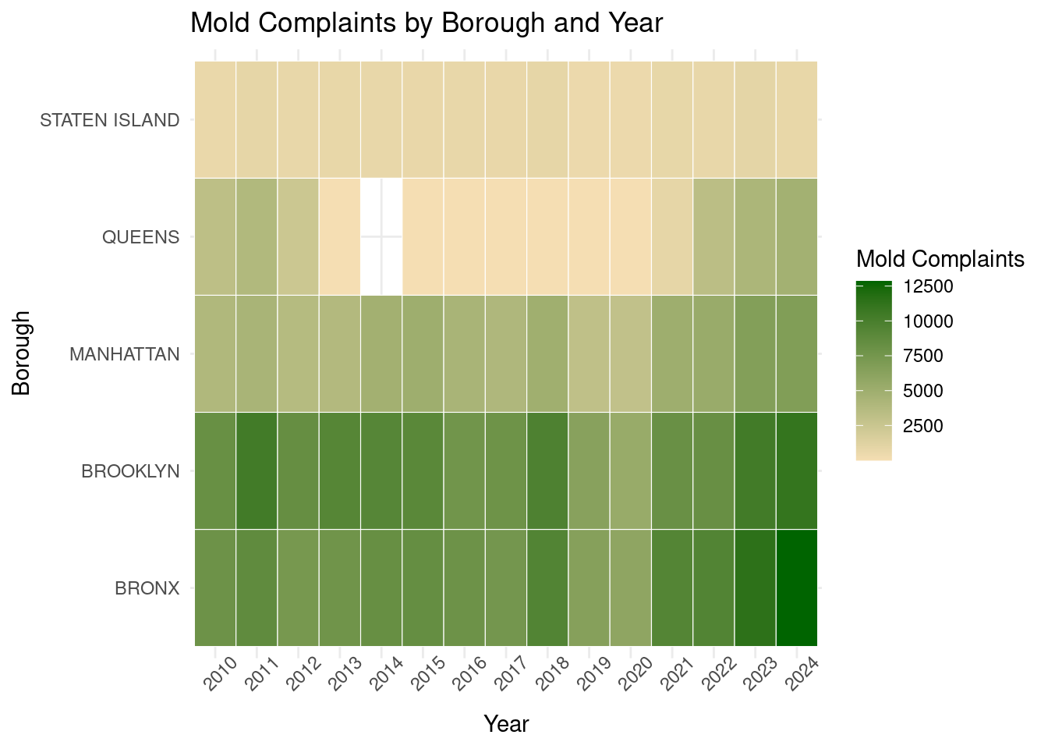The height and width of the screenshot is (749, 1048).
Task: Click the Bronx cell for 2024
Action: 797,587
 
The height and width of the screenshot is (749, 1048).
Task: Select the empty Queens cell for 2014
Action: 381,236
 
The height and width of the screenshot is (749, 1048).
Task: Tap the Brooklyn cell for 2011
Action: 257,470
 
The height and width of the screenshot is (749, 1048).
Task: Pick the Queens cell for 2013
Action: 340,236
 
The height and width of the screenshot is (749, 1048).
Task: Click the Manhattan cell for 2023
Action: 755,353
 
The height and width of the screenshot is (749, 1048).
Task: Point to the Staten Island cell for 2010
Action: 215,119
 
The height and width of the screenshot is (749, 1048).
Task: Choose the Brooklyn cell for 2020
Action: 631,470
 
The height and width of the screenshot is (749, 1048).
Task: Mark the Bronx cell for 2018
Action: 547,587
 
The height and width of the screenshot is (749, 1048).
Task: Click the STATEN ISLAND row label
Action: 110,120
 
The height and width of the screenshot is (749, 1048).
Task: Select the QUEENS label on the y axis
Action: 141,237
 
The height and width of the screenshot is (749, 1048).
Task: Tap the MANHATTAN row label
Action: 125,354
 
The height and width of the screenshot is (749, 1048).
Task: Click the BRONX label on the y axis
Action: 147,588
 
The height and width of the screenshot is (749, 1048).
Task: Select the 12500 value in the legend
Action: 928,287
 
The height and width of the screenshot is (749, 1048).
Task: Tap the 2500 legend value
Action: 923,426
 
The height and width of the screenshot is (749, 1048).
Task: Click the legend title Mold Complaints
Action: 940,259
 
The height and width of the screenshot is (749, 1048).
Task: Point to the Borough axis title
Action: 22,353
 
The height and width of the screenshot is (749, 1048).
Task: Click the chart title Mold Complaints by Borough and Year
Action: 427,23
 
